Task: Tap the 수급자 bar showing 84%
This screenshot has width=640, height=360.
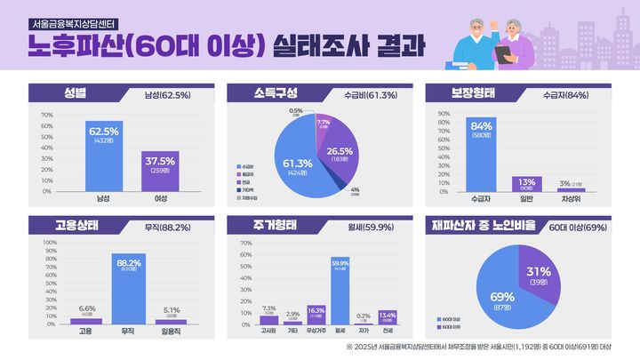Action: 481,155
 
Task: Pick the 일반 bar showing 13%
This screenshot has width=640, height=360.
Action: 526,184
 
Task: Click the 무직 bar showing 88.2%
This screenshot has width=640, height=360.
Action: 129,289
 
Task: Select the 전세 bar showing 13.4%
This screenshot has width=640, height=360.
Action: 388,318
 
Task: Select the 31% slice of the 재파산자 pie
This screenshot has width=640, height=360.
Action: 544,275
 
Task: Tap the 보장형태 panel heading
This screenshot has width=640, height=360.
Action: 466,93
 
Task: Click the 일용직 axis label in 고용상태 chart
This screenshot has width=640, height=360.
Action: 171,329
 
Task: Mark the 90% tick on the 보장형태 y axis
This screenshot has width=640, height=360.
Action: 442,115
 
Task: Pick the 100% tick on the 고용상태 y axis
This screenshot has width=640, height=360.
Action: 48,242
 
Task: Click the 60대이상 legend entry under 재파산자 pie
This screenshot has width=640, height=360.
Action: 451,316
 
